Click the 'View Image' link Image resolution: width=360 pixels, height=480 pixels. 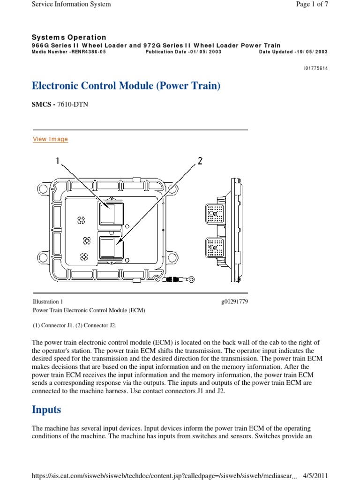tap(50, 139)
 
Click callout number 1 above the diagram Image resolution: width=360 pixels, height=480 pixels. tap(58, 161)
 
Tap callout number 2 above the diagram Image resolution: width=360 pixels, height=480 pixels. tap(200, 161)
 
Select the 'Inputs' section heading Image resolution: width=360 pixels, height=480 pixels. tap(46, 409)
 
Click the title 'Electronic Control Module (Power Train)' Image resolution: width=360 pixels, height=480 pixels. tap(126, 86)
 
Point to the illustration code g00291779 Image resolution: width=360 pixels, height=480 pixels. tap(234, 302)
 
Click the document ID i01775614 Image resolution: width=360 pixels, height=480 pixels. tap(316, 68)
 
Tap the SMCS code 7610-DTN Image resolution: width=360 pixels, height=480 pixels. tap(72, 105)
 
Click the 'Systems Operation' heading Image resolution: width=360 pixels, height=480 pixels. tap(69, 37)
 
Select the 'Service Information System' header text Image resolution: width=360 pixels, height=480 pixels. tap(71, 4)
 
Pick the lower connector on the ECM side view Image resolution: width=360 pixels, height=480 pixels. tap(215, 247)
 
